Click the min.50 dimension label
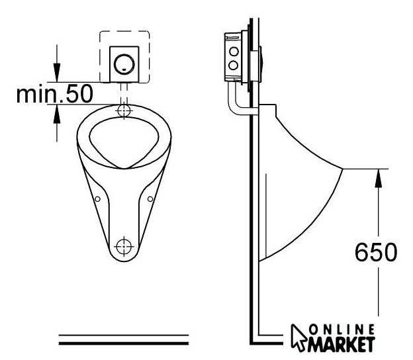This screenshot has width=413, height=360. point(54,94)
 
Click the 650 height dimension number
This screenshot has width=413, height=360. point(376,252)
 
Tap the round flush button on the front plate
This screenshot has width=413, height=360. point(124,64)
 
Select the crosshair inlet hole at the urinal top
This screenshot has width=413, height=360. point(124,111)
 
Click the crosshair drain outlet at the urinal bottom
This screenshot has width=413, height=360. point(124,246)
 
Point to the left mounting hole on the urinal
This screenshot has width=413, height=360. point(97,199)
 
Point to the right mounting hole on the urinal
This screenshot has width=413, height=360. point(150,199)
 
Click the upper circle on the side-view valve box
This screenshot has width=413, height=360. point(234,52)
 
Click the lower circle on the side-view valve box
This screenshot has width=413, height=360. point(234,65)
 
